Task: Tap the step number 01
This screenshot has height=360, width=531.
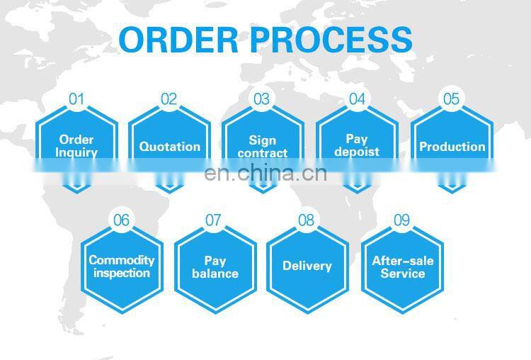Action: tap(76, 99)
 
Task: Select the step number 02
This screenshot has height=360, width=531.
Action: tap(169, 99)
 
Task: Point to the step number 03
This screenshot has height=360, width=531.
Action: tap(262, 99)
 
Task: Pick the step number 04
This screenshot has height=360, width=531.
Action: tap(357, 99)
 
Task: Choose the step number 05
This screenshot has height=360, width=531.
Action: tap(451, 99)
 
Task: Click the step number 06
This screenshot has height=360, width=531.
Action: tap(122, 220)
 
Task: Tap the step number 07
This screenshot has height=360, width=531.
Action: tap(213, 220)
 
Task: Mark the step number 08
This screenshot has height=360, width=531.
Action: tap(306, 220)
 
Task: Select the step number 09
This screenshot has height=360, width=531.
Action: tap(401, 220)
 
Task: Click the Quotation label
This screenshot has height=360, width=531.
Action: tap(169, 147)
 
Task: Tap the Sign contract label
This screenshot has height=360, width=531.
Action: tap(263, 147)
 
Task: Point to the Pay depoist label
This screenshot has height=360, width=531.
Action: tap(357, 145)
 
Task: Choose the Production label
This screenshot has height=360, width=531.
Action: tap(452, 147)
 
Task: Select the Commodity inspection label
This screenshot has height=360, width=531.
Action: tap(121, 266)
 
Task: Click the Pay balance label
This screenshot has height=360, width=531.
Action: tap(215, 266)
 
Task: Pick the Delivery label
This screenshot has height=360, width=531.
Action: tap(307, 266)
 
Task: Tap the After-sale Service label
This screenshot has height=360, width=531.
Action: tap(402, 266)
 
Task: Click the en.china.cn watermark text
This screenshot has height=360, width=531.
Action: tap(265, 172)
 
